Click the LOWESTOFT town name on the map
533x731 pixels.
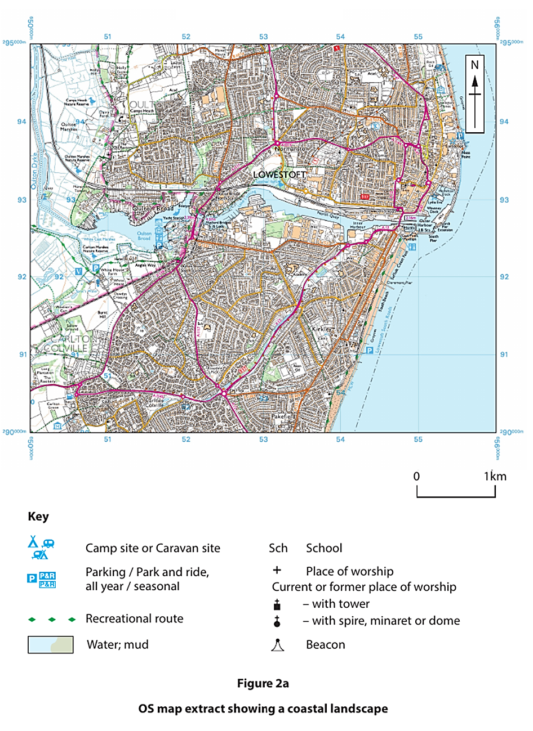(x=279, y=175)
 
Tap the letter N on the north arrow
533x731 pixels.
(x=474, y=65)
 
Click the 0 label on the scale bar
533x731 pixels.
(x=416, y=476)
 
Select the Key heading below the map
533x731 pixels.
(x=38, y=517)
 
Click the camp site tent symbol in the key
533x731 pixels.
(x=34, y=542)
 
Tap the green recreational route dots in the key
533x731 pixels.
(x=52, y=620)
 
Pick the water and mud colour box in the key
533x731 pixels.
(x=51, y=645)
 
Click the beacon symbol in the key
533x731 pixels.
(x=277, y=645)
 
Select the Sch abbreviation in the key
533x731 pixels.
(x=278, y=548)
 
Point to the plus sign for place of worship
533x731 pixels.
(x=277, y=571)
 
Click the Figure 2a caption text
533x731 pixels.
(x=263, y=684)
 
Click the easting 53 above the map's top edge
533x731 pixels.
(x=263, y=37)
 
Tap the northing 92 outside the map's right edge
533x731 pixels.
(x=504, y=277)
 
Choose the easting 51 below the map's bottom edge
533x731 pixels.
(x=107, y=440)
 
